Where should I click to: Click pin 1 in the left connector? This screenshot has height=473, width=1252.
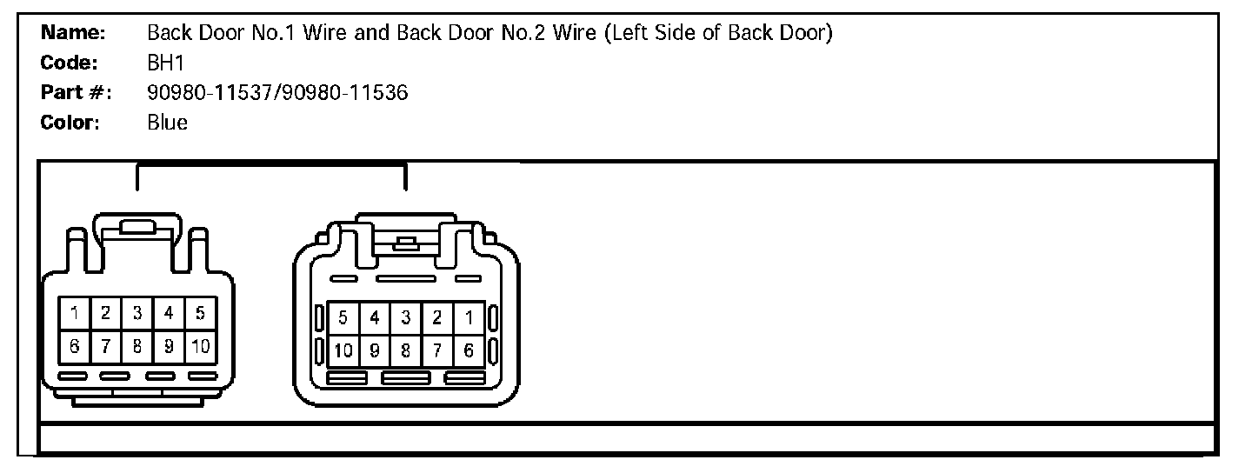(76, 313)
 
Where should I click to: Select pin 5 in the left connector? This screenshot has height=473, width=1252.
(200, 313)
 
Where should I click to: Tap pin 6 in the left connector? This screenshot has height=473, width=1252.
(76, 346)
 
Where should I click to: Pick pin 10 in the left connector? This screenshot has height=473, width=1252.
(200, 346)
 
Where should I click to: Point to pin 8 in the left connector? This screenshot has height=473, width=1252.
(137, 346)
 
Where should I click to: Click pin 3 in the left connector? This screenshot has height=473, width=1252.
(137, 313)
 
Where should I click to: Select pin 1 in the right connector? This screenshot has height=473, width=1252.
(469, 318)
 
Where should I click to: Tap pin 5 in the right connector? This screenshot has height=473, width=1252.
(343, 318)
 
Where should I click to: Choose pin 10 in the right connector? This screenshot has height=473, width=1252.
(343, 351)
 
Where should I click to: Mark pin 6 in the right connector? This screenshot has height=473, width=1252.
(469, 351)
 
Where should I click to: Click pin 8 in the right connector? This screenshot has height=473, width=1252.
(405, 351)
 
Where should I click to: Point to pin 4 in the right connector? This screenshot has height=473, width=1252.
(374, 318)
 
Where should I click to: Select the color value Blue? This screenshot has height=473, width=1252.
(168, 123)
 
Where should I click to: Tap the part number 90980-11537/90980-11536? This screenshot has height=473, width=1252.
(277, 93)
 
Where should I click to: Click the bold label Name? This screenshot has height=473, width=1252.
(74, 34)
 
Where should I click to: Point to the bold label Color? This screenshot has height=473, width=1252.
(71, 123)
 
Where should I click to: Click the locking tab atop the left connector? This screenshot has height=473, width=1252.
(137, 228)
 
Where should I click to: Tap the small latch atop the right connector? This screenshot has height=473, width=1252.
(404, 243)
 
